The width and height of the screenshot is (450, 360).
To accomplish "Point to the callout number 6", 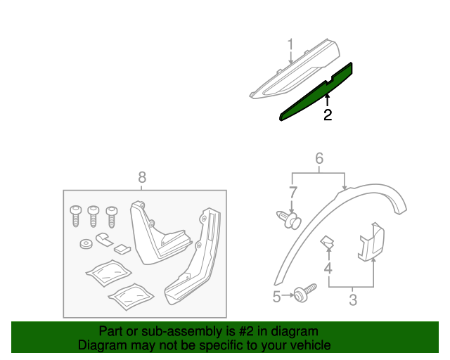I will point(319,158).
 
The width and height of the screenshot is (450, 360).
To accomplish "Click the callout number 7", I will point(293,191).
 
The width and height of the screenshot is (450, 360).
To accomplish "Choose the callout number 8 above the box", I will point(142,178).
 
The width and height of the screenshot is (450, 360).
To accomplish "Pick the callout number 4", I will point(328,269).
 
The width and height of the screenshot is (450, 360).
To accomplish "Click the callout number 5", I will point(276,297).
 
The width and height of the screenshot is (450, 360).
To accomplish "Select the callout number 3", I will point(352,301).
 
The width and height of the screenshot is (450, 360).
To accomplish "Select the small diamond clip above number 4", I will point(328,243).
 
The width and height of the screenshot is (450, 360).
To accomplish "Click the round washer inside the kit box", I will point(84,245).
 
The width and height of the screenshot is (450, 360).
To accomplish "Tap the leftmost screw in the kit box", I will point(75,214).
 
